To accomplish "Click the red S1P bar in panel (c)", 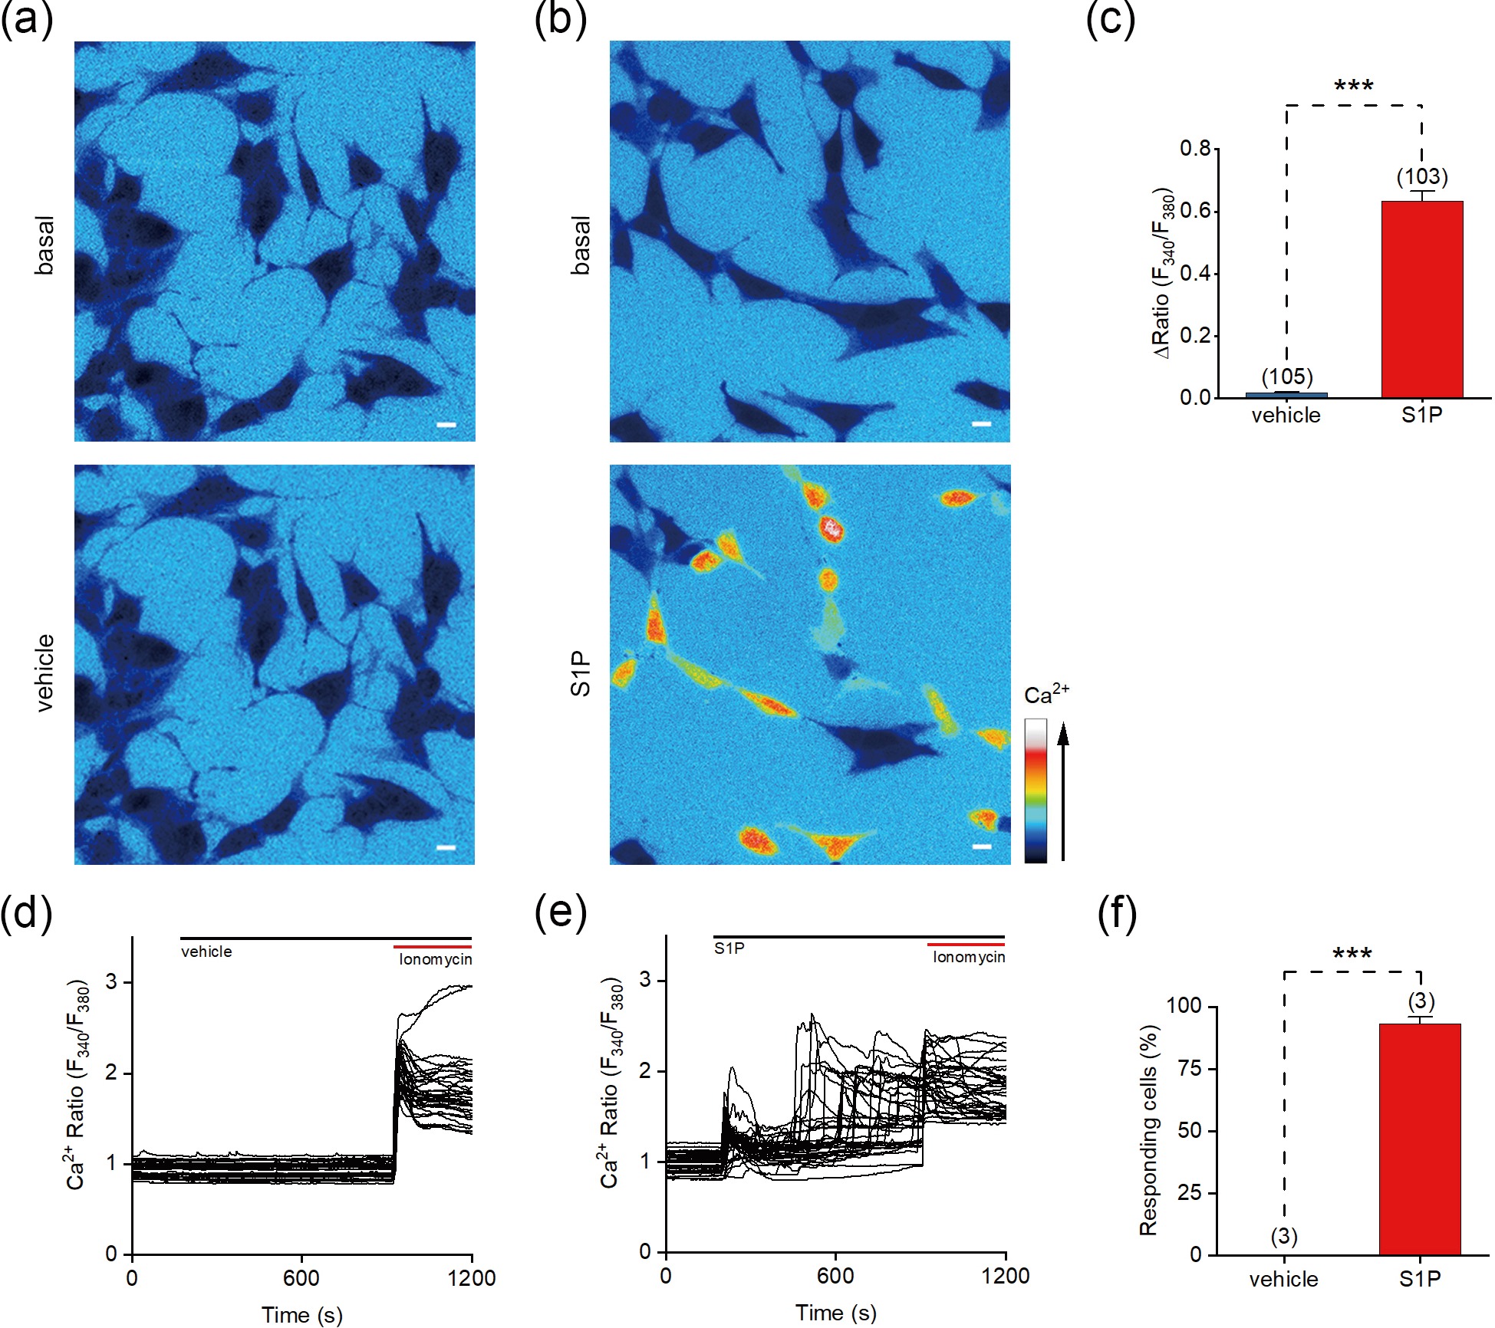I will click(1421, 299).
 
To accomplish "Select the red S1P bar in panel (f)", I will click(1419, 1139).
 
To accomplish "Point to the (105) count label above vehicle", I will click(1287, 376).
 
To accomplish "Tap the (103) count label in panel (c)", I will click(1421, 177).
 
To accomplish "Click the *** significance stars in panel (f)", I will click(1352, 955).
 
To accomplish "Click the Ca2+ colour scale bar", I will click(1035, 790).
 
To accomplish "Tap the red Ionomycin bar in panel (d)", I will click(432, 947).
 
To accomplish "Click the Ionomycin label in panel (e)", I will click(968, 957).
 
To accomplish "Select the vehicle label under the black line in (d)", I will click(206, 952).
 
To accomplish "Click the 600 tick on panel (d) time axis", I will click(301, 1277).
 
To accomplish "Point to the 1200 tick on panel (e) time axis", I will click(1005, 1275).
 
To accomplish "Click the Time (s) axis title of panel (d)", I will click(301, 1314).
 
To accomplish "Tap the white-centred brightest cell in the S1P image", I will click(831, 528).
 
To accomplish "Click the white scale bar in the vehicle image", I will click(446, 847).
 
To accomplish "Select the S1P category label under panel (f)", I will click(1419, 1279).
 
